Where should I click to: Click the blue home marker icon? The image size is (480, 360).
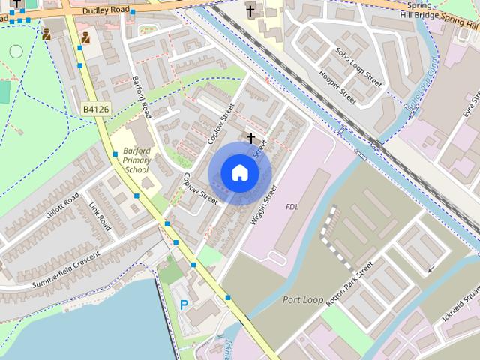click(239, 173)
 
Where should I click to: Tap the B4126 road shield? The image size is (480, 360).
click(96, 109)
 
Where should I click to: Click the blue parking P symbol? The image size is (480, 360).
click(184, 304)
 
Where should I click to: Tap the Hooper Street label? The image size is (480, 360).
click(337, 87)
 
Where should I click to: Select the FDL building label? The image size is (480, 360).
click(292, 206)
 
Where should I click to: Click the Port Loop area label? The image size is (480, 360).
click(303, 300)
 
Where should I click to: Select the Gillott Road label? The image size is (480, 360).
click(62, 205)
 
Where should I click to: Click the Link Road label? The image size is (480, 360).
click(100, 217)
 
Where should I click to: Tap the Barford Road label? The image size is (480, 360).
click(142, 97)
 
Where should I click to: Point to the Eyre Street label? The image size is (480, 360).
click(469, 104)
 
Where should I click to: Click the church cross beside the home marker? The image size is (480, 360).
click(251, 139)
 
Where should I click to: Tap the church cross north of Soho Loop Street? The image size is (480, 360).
click(250, 10)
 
